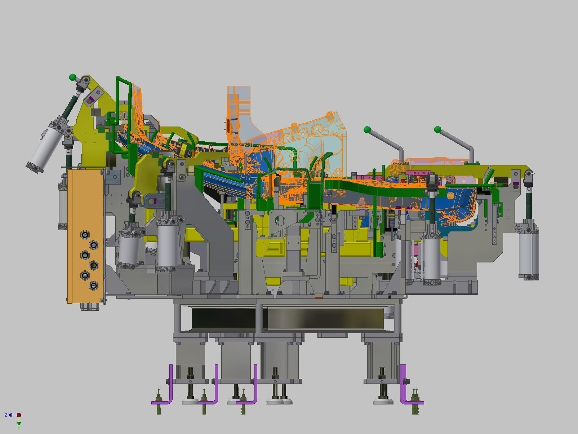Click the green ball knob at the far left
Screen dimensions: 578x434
(x=73, y=77)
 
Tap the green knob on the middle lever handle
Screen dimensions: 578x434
(x=367, y=129)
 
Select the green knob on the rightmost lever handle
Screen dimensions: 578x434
(x=438, y=129)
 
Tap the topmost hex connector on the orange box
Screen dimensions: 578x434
(x=85, y=234)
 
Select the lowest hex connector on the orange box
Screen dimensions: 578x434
(x=94, y=285)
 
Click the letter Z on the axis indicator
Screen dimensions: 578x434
(x=6, y=415)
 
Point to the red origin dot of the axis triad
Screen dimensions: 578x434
(x=19, y=415)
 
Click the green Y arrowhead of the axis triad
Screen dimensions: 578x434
(x=19, y=424)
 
